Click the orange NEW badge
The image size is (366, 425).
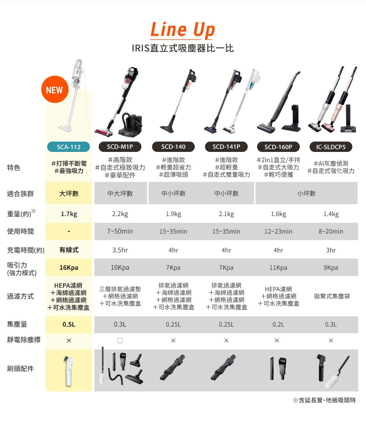55,90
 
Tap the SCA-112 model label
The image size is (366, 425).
69,147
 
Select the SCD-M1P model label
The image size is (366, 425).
120,147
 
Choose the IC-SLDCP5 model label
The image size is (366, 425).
331,147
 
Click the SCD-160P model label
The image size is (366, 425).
279,147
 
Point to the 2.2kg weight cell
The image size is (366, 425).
120,214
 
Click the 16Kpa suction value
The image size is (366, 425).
69,268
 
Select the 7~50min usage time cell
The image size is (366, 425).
120,231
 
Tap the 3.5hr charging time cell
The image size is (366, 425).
120,250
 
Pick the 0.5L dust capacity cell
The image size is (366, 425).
69,324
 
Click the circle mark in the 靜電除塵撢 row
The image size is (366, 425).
120,340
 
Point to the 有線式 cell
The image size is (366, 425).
69,250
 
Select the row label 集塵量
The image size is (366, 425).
17,324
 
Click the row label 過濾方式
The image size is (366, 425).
20,296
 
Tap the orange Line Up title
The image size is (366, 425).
183,30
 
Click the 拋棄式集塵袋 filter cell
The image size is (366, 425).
332,296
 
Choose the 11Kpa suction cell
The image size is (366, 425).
278,268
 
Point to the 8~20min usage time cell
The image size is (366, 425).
330,231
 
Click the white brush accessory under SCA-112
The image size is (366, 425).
69,370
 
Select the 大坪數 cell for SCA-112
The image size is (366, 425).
69,193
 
